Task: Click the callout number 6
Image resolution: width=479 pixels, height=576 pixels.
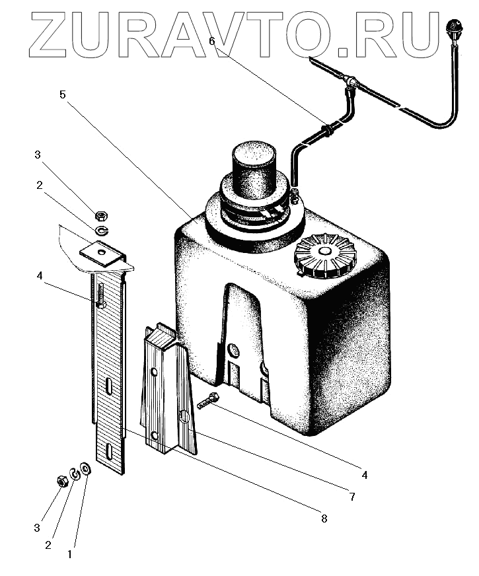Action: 211,41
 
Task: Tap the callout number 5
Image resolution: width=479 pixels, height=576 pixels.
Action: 62,94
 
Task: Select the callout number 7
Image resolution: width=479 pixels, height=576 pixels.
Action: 352,497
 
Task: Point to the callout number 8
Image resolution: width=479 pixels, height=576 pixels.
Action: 324,519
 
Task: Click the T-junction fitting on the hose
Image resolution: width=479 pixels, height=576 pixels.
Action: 351,83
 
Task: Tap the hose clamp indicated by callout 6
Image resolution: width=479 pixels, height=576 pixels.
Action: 327,130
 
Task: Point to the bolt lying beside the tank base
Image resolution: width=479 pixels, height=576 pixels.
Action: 208,400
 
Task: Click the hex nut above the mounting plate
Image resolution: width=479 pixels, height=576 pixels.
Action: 101,215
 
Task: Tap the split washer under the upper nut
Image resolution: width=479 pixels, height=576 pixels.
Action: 101,230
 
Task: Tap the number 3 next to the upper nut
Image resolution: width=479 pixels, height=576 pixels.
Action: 38,155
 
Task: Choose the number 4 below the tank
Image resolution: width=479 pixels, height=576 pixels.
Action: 364,474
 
